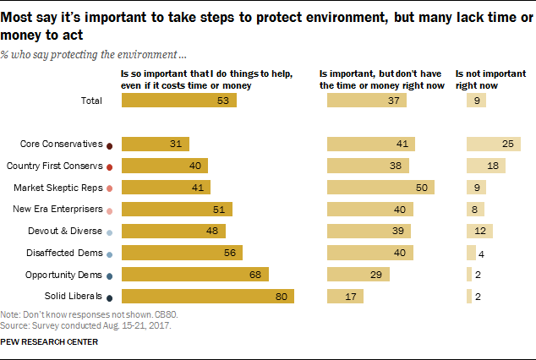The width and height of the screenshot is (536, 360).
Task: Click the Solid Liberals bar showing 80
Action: pos(208,296)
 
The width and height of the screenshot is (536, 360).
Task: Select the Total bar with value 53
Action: pos(179,101)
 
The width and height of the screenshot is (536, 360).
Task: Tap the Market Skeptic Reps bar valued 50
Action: pos(380,187)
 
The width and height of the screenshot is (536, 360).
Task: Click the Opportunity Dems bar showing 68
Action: pos(195,274)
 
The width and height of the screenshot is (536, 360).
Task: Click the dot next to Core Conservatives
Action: pos(111,145)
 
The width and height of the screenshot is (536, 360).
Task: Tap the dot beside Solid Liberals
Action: pos(111,296)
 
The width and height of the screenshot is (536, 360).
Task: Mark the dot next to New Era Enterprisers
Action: pos(111,210)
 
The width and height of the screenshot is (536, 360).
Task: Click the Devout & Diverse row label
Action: pos(69,231)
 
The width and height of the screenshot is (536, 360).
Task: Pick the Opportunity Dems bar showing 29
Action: pos(358,274)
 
